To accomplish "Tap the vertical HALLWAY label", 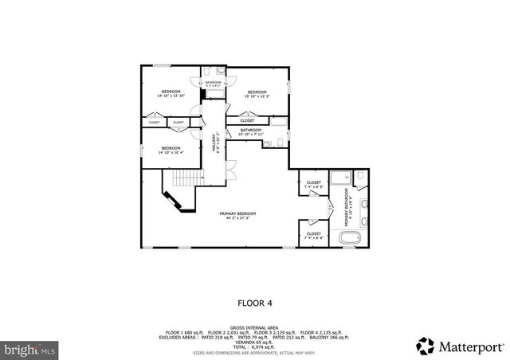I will tap(214, 141).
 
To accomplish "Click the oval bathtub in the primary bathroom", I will tap(350, 238).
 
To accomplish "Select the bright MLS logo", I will tap(29, 349).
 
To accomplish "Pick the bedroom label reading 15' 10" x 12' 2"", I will tap(257, 95).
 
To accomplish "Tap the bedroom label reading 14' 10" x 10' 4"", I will tap(171, 151).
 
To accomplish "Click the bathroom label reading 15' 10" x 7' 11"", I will tap(252, 132).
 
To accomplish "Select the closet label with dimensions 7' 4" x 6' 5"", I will tap(314, 185).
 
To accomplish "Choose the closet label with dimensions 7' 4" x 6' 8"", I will tap(314, 236).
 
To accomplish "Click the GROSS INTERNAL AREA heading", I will tap(254, 327).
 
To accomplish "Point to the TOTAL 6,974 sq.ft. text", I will tap(254, 346).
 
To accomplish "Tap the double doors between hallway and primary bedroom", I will tap(229, 169).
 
